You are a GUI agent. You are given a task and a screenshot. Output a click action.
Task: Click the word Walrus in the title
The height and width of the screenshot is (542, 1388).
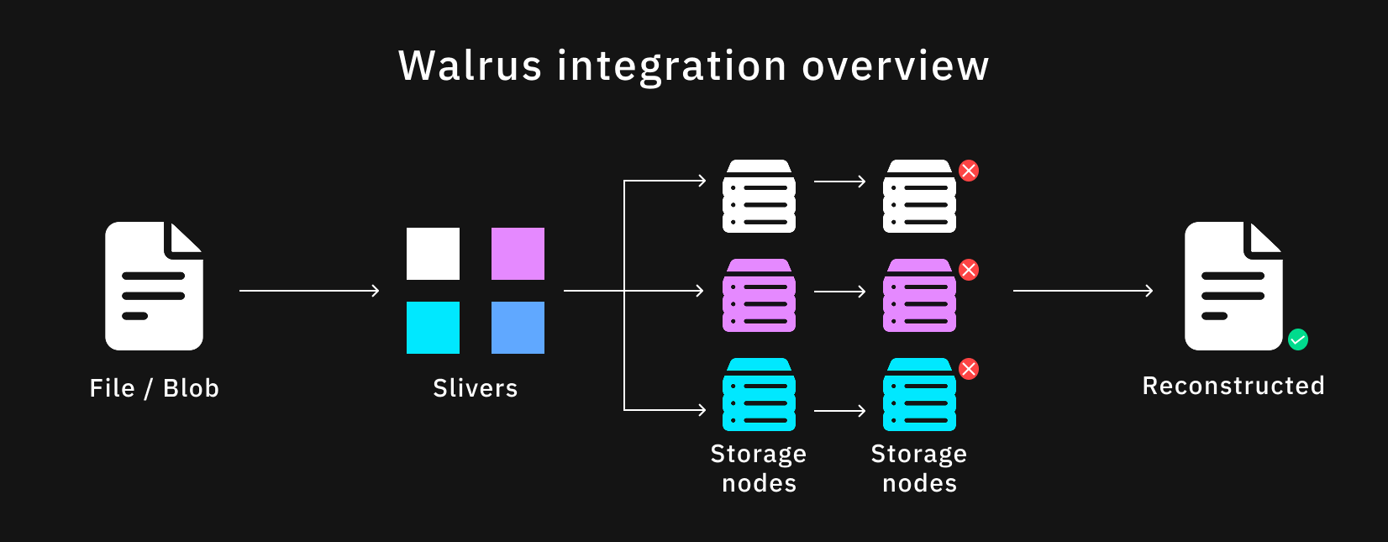[x=470, y=66]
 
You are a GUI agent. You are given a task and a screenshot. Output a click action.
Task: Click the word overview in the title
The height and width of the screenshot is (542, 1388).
[x=896, y=66]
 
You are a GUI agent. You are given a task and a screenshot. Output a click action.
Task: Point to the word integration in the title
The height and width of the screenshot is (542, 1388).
[x=672, y=66]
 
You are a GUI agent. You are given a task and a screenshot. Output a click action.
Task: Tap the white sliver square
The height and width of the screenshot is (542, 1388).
[x=433, y=254]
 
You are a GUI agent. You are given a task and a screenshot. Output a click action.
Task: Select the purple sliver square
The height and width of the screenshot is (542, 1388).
[x=518, y=254]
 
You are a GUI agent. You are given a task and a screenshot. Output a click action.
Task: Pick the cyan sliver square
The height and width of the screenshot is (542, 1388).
[x=433, y=328]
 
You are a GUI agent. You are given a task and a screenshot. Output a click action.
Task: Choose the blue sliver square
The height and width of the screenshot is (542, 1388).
[x=518, y=328]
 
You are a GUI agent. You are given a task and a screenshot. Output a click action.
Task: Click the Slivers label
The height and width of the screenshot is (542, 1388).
[x=476, y=388]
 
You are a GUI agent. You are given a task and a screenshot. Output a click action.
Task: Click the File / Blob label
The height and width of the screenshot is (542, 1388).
[x=155, y=388]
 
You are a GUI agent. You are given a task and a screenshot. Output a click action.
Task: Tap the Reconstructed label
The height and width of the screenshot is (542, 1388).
[x=1233, y=386]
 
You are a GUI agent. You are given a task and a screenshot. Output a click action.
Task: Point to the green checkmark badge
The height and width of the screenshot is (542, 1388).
[x=1298, y=339]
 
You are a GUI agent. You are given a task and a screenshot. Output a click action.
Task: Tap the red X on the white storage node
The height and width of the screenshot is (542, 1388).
[x=969, y=171]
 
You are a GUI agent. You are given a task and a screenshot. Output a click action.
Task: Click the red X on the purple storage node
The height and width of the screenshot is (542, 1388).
[x=969, y=270]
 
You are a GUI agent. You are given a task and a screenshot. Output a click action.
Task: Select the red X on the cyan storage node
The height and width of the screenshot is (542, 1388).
[x=969, y=369]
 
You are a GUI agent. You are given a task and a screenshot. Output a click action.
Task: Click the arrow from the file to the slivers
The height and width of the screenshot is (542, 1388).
[x=309, y=291]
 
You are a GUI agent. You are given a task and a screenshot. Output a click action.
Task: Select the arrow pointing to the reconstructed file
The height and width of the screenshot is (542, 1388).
[x=1083, y=291]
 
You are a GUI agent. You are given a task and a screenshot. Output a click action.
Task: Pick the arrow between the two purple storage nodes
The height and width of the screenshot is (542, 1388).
[x=839, y=292]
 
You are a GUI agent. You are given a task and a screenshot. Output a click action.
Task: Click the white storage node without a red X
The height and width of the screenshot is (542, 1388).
[x=759, y=197]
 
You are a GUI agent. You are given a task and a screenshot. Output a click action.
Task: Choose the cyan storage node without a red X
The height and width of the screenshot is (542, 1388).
[x=759, y=395]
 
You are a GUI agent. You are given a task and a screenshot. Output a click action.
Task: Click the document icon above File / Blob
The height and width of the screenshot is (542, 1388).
[x=154, y=286]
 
